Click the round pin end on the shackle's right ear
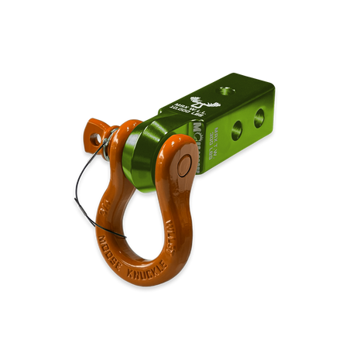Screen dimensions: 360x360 point(184,163)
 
